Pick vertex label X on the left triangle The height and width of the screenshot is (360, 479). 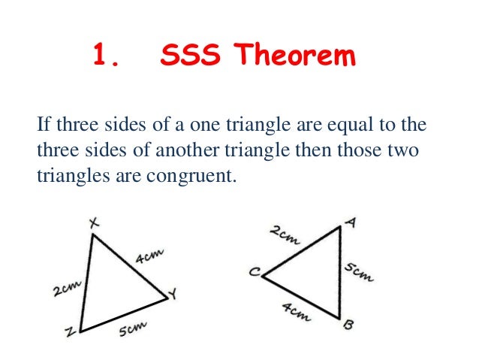click(x=95, y=223)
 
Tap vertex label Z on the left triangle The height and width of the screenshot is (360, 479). click(x=70, y=331)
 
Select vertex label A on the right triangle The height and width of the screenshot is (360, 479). click(x=351, y=222)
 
